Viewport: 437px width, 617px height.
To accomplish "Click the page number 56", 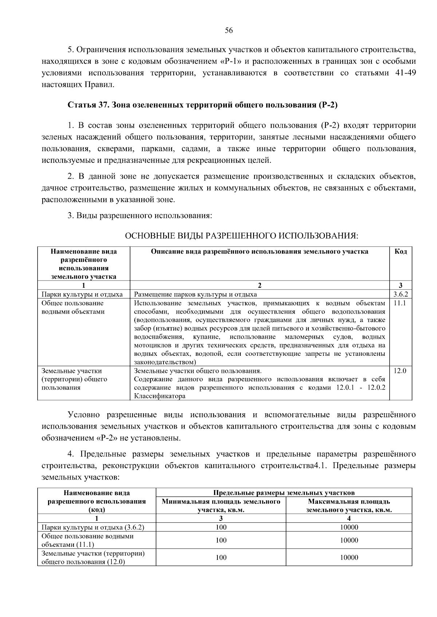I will coord(229,31).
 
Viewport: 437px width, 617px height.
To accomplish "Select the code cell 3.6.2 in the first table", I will coord(401,294).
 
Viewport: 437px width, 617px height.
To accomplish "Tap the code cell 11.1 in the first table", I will coord(399,303).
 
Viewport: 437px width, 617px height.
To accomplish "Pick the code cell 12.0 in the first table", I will coord(400,371).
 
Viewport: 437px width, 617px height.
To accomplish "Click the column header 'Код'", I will coord(401,251).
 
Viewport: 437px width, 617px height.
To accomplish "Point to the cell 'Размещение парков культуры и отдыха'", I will coord(196,294).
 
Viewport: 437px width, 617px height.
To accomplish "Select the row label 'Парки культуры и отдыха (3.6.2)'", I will coord(93,527).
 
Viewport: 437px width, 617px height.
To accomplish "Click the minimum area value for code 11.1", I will coord(221,540).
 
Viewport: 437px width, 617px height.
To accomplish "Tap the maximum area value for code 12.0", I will coord(349,557).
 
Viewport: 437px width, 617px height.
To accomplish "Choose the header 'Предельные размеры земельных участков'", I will coord(284,493).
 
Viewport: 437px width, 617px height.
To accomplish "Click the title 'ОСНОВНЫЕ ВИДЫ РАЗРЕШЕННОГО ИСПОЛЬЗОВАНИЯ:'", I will coord(241,236).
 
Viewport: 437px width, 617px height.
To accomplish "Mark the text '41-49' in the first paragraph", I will coord(405,73).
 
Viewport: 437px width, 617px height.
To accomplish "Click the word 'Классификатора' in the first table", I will coord(160,396).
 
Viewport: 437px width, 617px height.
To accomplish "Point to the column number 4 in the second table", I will coord(349,518).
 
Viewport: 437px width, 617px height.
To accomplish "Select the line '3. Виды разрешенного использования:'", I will coord(140,216).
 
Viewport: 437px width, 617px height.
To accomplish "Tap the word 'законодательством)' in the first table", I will coord(165,362).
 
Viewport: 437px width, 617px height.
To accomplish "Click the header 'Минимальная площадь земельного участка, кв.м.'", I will coord(221,506).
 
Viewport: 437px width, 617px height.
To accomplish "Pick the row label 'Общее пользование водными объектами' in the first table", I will coord(73,307).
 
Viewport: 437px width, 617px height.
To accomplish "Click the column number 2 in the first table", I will coord(260,286).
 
